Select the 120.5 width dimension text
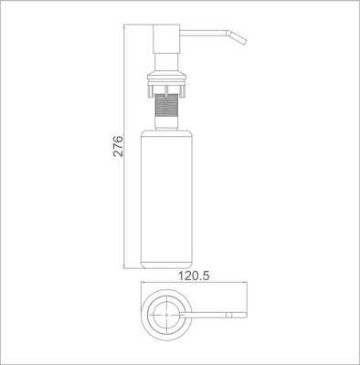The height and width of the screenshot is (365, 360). coord(193,273)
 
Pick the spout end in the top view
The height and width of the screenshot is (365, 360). coord(243,316)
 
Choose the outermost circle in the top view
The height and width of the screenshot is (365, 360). coord(143,316)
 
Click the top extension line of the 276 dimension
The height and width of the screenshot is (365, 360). coord(137,26)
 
